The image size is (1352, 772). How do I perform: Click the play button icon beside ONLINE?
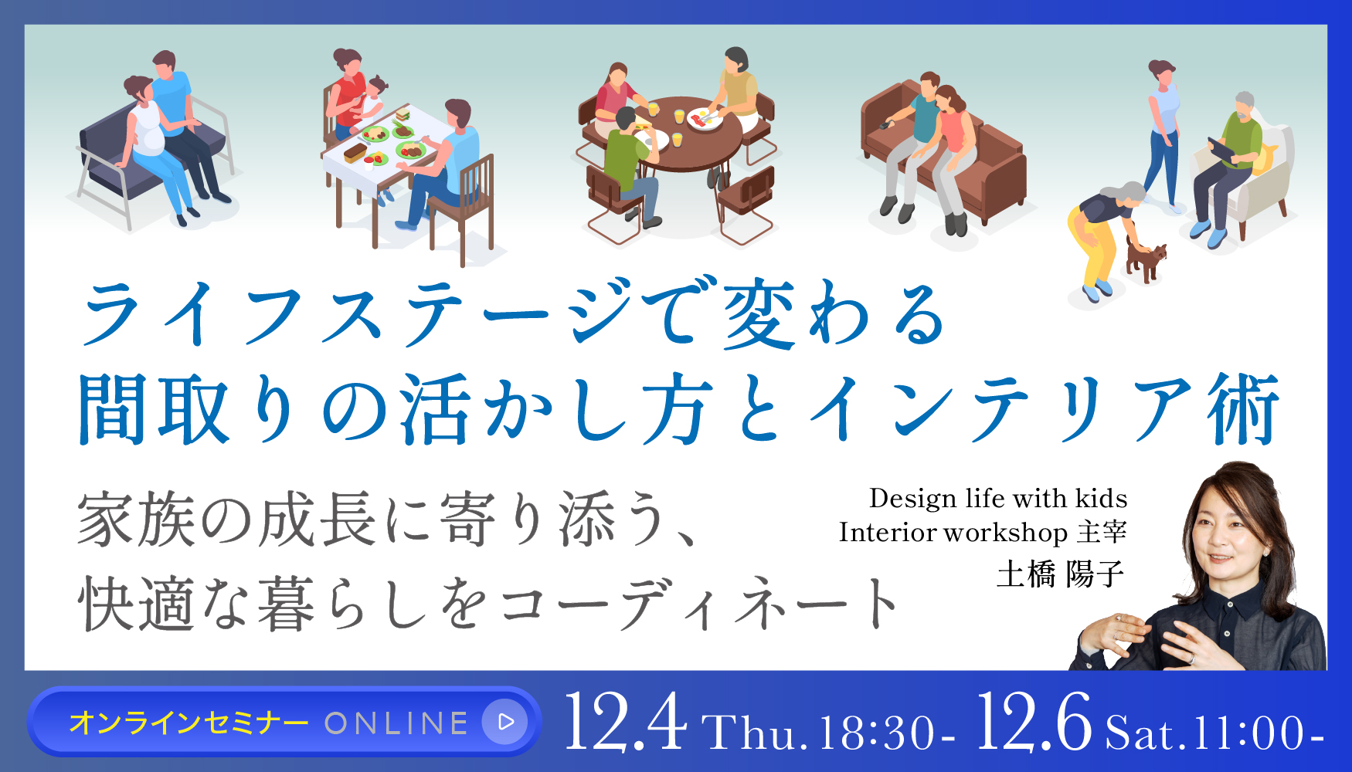click(506, 722)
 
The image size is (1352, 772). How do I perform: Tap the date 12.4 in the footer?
click(626, 723)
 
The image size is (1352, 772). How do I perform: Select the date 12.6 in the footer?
click(1034, 723)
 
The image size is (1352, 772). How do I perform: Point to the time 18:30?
click(878, 733)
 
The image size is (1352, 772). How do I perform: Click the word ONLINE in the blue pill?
click(396, 723)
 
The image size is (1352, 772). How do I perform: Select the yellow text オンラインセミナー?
click(189, 723)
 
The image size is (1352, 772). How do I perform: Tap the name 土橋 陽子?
click(1060, 574)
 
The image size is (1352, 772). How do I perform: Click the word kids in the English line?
click(1102, 499)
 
